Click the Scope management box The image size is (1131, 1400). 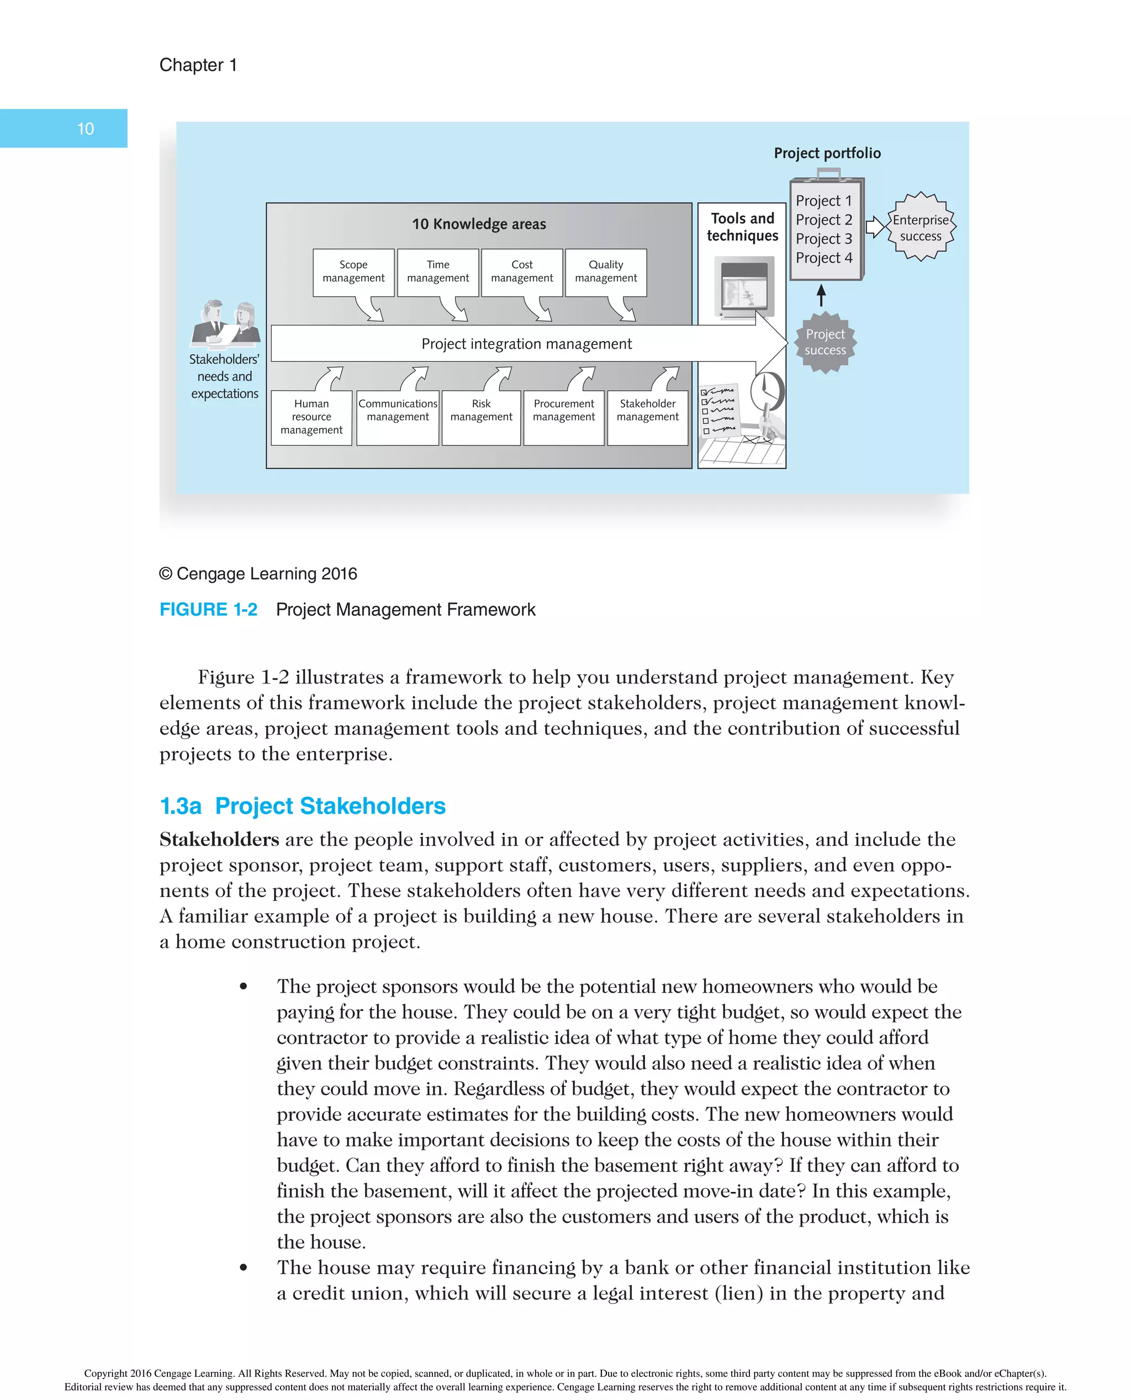353,272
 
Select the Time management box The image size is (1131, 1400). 438,272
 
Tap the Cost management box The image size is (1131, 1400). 522,272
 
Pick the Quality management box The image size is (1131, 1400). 606,272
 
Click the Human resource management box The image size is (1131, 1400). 311,417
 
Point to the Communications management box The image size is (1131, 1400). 398,417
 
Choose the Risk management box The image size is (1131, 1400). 481,417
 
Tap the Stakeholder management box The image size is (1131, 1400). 648,417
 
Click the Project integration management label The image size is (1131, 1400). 526,344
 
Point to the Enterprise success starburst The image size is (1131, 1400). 921,228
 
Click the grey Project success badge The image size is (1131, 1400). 825,342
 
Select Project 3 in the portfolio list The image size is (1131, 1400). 823,239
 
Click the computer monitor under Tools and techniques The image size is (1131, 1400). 744,287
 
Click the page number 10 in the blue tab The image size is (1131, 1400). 86,129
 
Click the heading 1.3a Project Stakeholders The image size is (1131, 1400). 303,806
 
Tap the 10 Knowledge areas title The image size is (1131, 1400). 479,224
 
